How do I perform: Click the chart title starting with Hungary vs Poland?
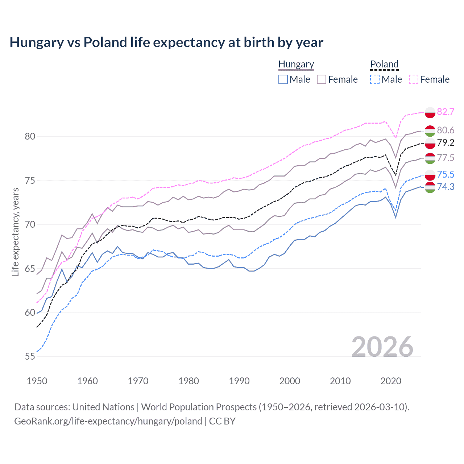tap(166, 42)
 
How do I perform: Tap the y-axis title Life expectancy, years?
tap(15, 232)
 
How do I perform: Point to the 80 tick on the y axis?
tap(30, 137)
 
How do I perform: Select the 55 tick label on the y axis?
tap(30, 357)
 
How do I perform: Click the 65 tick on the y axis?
tap(30, 269)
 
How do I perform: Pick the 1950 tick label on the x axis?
tap(37, 381)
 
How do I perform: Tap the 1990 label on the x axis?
tap(239, 381)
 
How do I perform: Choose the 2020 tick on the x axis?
tap(391, 381)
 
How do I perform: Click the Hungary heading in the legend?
tap(296, 64)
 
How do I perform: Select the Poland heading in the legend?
tap(384, 64)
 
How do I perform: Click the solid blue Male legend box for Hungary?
tap(283, 79)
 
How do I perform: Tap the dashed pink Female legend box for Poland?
tap(414, 79)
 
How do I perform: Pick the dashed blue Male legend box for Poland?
tap(375, 79)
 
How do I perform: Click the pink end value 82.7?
tap(446, 112)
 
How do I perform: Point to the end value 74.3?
tap(446, 187)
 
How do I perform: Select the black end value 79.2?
tap(446, 142)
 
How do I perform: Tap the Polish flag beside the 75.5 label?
tap(430, 175)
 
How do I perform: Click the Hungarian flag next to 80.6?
tap(430, 130)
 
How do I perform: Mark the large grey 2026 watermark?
tap(382, 347)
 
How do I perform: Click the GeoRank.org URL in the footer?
tap(108, 421)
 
